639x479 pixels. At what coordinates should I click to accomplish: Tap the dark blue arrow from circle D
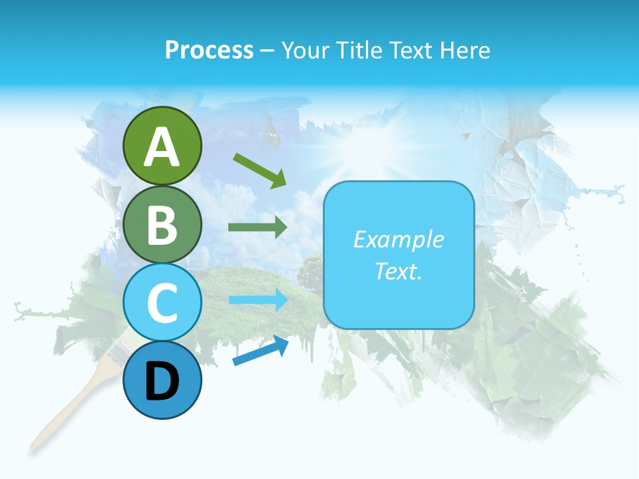coord(260,352)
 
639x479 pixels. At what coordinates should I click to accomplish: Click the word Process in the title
coord(209,51)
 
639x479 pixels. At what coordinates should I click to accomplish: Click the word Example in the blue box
coord(398,239)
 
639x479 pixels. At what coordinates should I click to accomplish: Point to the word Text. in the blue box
coord(398,271)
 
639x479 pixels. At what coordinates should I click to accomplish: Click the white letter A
coord(162,148)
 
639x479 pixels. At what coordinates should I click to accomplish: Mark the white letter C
coord(162,303)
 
